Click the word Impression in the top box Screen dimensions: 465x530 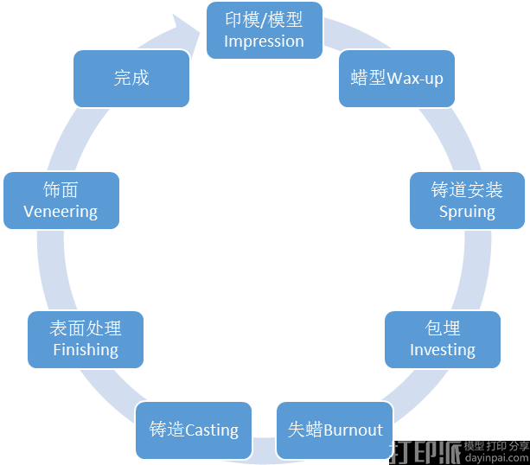click(264, 41)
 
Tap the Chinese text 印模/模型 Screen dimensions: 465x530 click(264, 20)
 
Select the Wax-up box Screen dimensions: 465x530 click(396, 79)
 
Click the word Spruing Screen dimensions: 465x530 click(467, 211)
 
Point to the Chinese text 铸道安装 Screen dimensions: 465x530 click(467, 189)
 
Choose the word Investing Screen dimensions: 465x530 click(442, 349)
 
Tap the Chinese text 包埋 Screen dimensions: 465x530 click(443, 328)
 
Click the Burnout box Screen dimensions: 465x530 click(335, 430)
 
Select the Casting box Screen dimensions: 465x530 click(193, 430)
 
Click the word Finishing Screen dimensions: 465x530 click(86, 349)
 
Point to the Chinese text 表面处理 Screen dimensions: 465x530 click(86, 328)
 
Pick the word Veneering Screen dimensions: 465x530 click(61, 211)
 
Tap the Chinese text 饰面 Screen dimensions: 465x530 click(61, 189)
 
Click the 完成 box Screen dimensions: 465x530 click(131, 78)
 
